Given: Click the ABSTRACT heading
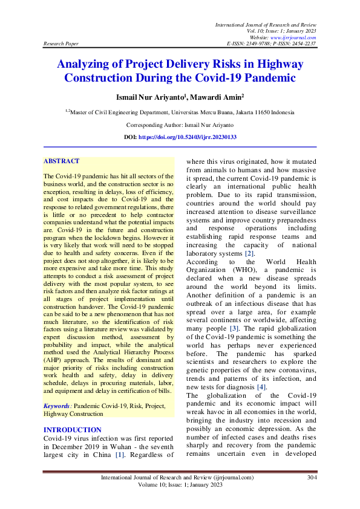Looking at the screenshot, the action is point(61,161).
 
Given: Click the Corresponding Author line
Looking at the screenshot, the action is point(180,125).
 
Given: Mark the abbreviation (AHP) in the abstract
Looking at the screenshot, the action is point(55,359).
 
